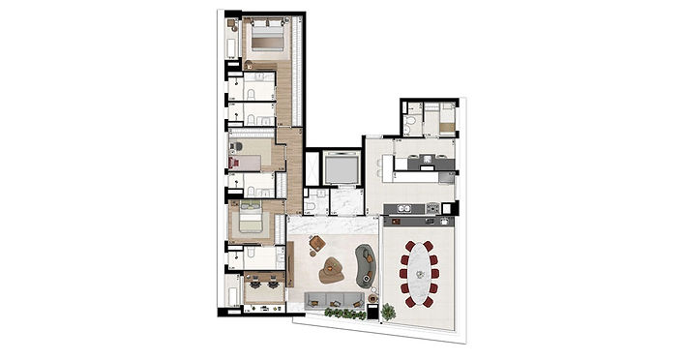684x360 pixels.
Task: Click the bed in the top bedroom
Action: click(265, 38)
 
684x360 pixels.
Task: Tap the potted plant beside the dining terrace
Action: click(387, 312)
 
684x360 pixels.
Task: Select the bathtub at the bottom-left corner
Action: click(232, 293)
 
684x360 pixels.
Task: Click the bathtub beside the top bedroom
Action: click(232, 40)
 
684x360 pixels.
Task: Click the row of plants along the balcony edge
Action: click(345, 314)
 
